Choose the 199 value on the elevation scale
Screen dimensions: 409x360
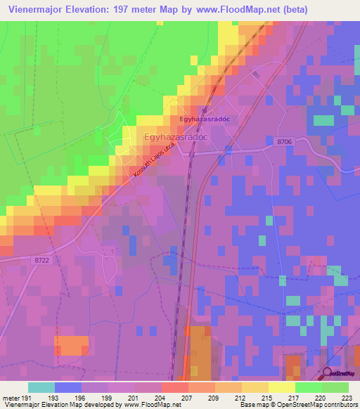(x=108, y=397)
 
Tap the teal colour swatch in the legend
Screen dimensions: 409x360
(x=41, y=387)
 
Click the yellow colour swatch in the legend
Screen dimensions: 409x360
(x=282, y=387)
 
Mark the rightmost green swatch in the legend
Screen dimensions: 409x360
(x=335, y=387)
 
